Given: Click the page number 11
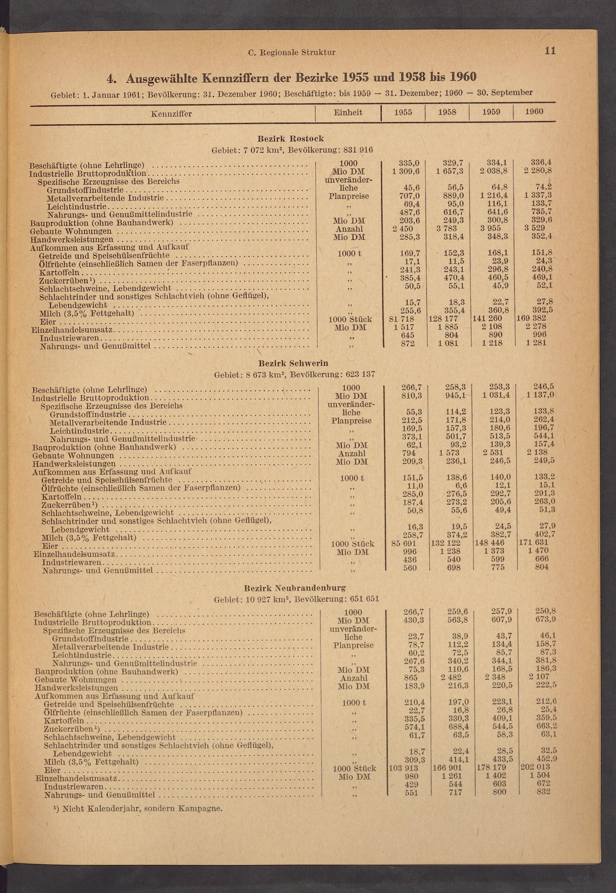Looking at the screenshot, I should pyautogui.click(x=550, y=51).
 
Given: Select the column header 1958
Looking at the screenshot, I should pyautogui.click(x=447, y=112).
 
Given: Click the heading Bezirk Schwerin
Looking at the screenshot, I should pyautogui.click(x=293, y=363).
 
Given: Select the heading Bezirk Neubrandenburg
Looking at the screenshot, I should pyautogui.click(x=295, y=588).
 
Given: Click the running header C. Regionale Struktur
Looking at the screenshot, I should pyautogui.click(x=292, y=52).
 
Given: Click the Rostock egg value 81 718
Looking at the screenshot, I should pyautogui.click(x=402, y=319).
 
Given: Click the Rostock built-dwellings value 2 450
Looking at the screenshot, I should pyautogui.click(x=403, y=229).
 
